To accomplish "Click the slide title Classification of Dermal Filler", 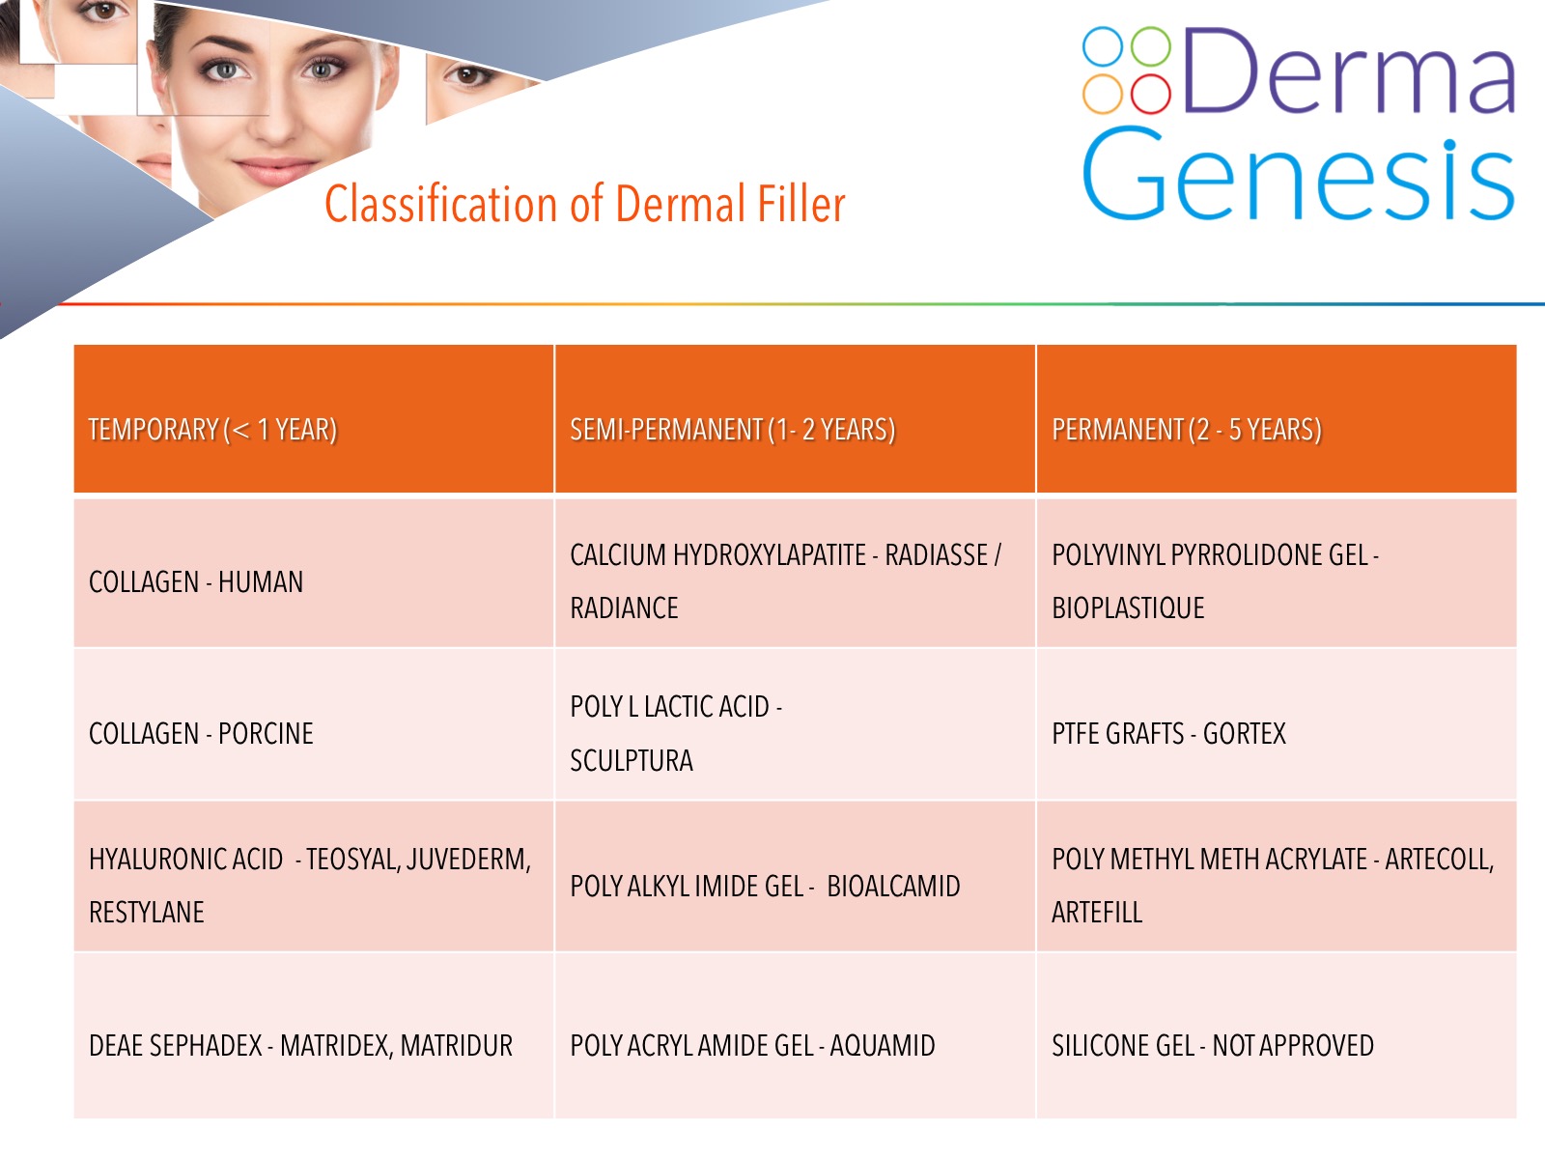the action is tap(584, 204).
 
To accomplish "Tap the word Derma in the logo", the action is tap(1349, 71).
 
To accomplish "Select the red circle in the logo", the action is tap(1151, 94).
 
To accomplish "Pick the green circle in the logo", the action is tap(1151, 46).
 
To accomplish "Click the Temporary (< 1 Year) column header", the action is tap(212, 429).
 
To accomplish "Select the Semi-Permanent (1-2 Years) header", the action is tap(732, 429).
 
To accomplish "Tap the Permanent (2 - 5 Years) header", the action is tap(1187, 429).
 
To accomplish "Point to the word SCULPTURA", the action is tap(632, 761).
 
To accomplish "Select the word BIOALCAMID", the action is tap(893, 886).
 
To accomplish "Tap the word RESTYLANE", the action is tap(147, 912).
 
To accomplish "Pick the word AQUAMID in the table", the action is tap(883, 1046).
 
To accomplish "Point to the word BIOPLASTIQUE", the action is tap(1128, 608).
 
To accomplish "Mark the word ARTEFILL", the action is tap(1097, 912).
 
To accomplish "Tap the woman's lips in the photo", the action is tap(275, 170).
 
